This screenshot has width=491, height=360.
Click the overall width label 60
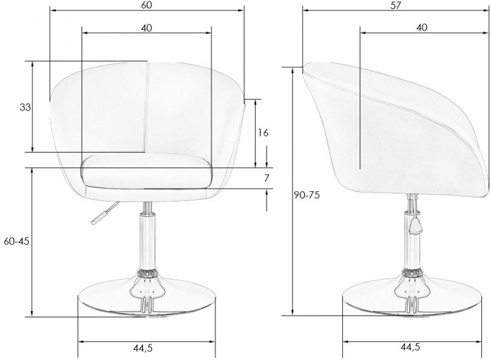[x=146, y=5]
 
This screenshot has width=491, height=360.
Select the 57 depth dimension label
[x=395, y=5]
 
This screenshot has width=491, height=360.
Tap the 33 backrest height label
[x=25, y=107]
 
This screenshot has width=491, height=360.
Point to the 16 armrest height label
[x=263, y=133]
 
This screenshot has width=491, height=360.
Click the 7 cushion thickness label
[x=267, y=178]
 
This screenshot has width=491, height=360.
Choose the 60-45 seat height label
[x=16, y=241]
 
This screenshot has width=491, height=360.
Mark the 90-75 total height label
[x=307, y=195]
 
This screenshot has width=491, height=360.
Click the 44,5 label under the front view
[x=143, y=348]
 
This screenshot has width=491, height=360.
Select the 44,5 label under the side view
[x=410, y=347]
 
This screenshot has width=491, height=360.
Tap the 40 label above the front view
[x=146, y=28]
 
